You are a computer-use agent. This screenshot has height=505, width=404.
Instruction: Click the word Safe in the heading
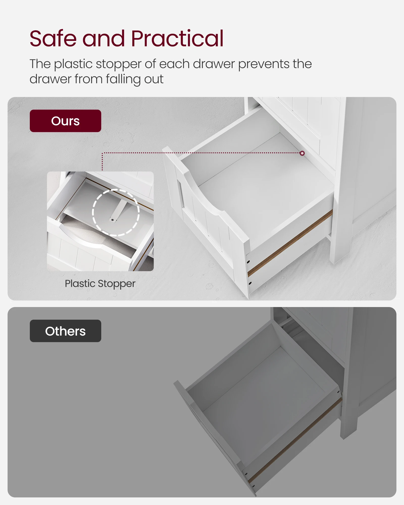(53, 38)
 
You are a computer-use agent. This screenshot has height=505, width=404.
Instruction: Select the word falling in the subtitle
(123, 79)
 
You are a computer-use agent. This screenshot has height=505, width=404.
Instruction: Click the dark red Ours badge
(65, 121)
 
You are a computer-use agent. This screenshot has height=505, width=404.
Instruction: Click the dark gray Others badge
(65, 331)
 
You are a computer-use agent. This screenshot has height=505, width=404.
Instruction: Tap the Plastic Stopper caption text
(100, 284)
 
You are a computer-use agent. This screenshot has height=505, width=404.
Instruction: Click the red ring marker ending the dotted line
(302, 153)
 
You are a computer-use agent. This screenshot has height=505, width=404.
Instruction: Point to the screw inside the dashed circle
(112, 220)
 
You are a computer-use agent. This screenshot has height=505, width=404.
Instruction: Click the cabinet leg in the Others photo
(348, 414)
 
